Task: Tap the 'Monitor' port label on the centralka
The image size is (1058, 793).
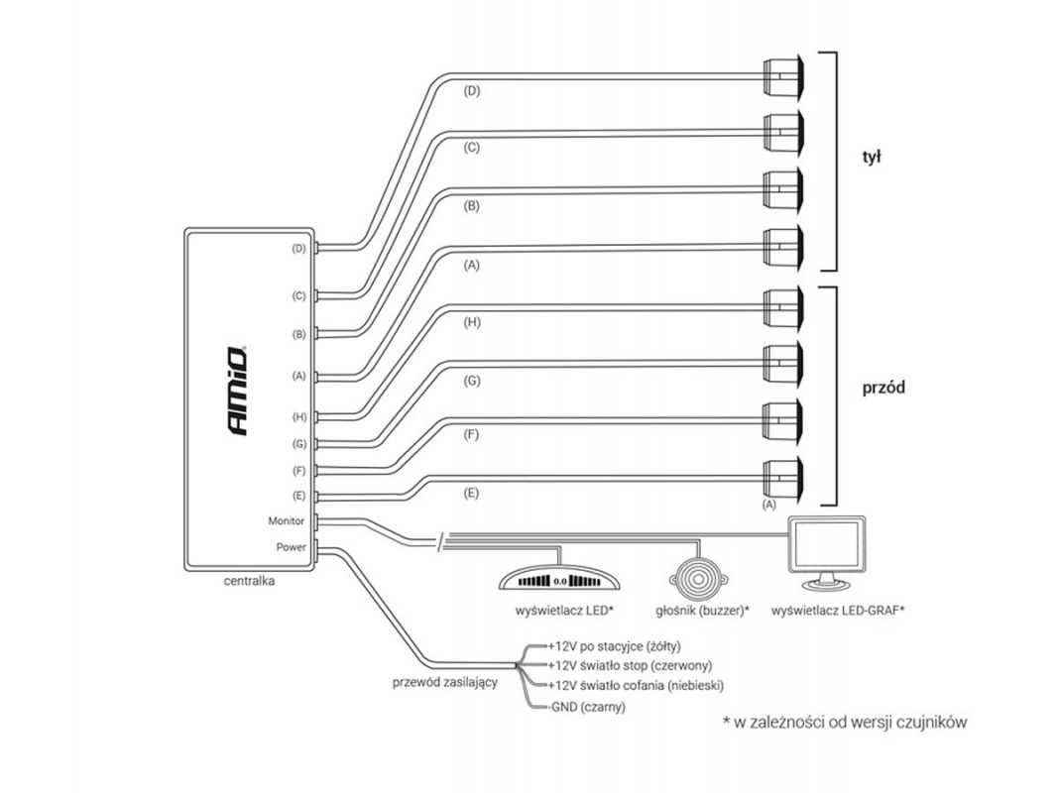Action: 286,520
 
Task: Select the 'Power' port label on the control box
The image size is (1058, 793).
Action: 292,546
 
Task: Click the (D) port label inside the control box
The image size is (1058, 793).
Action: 298,249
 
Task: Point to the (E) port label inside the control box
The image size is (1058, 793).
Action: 298,495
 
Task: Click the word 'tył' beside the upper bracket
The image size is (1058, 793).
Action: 872,157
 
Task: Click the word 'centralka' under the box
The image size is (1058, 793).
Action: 249,582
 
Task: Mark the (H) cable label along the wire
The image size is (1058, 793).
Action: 472,323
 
